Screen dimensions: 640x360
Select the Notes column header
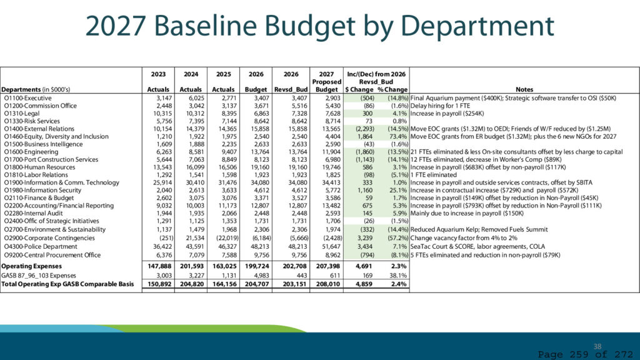point(524,89)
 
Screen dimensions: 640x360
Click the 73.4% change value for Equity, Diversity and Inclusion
point(398,136)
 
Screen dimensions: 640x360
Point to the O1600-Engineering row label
point(31,152)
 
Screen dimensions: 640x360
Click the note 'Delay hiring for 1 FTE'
point(440,106)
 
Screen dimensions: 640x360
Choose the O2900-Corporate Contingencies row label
point(49,238)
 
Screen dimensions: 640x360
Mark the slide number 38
point(597,346)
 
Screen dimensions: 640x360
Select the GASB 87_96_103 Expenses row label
point(39,276)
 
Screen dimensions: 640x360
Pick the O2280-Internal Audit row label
point(34,213)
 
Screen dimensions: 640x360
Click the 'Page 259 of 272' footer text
point(586,354)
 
